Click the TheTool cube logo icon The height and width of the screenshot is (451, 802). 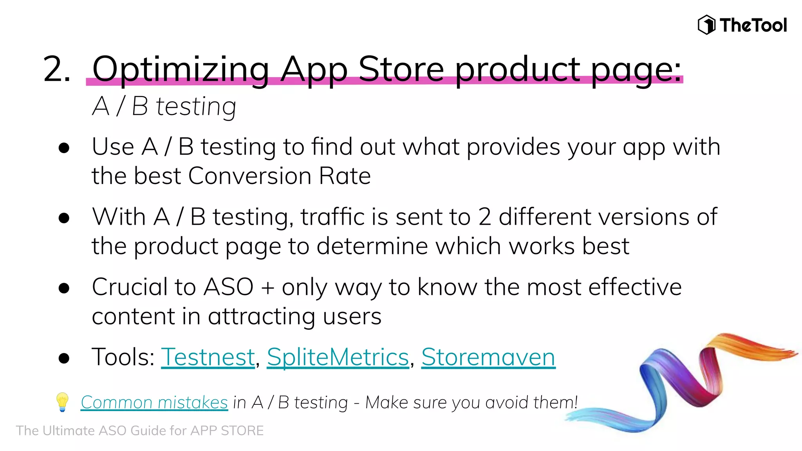[706, 25]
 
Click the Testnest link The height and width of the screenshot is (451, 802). [208, 357]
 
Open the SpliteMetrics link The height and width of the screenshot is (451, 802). [338, 357]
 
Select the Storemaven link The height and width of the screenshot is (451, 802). [488, 357]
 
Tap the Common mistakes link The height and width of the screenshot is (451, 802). [154, 402]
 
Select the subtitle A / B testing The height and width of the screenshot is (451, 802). [164, 106]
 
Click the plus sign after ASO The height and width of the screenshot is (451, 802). [267, 288]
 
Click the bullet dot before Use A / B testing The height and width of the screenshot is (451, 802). [64, 148]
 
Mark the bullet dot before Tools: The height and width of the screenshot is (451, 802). [64, 358]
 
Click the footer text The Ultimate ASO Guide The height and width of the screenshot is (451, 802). [140, 431]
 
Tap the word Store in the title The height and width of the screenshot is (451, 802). [401, 69]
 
